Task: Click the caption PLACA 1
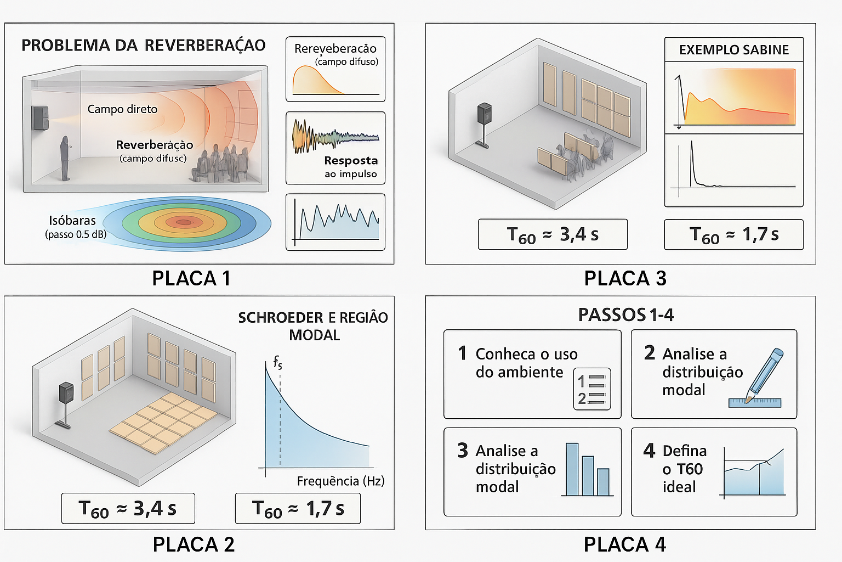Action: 191,278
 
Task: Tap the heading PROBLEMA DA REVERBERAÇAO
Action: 144,46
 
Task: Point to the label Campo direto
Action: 122,109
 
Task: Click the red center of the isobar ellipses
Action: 183,222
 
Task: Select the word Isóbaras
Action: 72,221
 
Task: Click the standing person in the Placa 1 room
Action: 65,158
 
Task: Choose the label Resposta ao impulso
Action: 351,167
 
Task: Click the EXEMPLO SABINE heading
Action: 734,50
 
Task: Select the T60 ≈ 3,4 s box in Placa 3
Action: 553,235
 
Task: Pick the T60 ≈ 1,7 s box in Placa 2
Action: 298,509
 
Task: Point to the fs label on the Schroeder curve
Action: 278,362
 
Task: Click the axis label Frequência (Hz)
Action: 340,481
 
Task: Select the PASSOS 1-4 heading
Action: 626,315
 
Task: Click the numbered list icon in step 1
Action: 591,389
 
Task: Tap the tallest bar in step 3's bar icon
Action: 572,469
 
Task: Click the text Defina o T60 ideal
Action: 684,469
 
